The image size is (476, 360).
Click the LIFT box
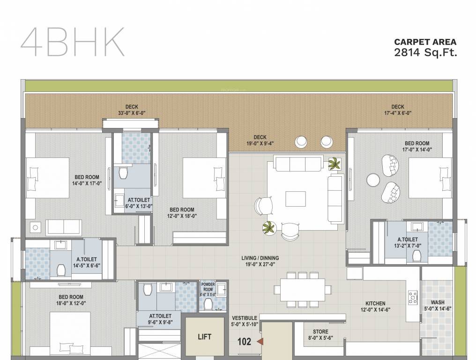tap(204, 337)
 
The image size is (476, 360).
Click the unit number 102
tap(244, 342)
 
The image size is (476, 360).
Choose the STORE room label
tap(320, 335)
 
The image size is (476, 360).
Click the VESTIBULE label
tap(244, 321)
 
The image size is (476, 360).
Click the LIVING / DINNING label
tap(260, 261)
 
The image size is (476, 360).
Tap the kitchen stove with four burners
tap(413, 296)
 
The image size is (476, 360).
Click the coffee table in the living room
tap(295, 198)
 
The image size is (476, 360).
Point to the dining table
tap(302, 290)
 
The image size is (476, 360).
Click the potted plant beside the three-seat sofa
tap(335, 164)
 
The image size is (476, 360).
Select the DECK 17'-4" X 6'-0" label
tap(398, 110)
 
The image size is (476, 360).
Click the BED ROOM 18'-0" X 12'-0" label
tap(71, 300)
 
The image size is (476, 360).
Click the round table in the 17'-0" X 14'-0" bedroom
tap(373, 180)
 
